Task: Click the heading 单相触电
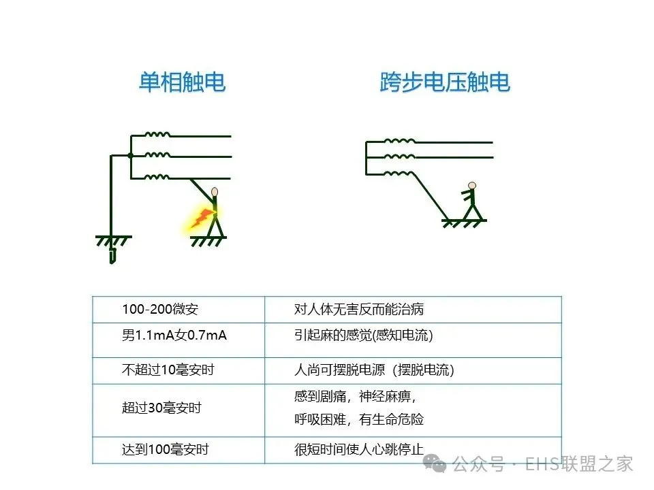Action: (x=182, y=82)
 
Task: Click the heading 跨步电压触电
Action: (x=445, y=82)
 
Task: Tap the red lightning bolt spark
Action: (x=202, y=218)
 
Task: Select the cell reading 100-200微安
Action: (x=160, y=310)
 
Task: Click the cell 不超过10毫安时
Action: (x=168, y=370)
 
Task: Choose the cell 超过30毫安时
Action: (x=161, y=408)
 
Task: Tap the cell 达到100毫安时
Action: (x=165, y=449)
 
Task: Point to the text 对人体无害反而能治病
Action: (x=359, y=310)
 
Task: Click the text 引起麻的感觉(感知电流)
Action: (x=364, y=336)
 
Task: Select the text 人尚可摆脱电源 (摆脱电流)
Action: (x=374, y=370)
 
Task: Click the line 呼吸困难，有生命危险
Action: (x=359, y=420)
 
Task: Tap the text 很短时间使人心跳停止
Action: (x=359, y=449)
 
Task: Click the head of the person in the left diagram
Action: (x=215, y=192)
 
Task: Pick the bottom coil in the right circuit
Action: (x=399, y=174)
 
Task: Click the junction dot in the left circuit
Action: (x=130, y=156)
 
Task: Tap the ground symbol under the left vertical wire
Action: (x=113, y=242)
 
